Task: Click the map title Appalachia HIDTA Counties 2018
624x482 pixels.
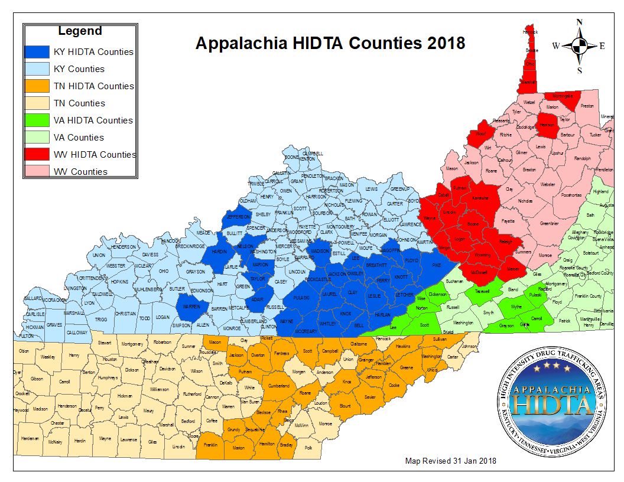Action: click(x=330, y=43)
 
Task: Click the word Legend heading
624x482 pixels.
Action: click(x=80, y=31)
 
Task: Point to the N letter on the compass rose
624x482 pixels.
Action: click(x=580, y=22)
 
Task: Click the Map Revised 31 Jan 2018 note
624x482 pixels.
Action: click(x=450, y=461)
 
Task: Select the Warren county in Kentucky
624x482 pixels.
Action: click(x=190, y=307)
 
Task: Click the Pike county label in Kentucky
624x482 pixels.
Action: click(x=437, y=265)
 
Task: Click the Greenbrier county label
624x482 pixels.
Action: click(x=549, y=224)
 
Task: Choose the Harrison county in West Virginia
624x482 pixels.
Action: click(x=547, y=125)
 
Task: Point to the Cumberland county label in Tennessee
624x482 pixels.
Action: click(x=279, y=386)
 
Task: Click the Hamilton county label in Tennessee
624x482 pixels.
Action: click(x=266, y=443)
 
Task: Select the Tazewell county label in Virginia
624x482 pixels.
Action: click(x=483, y=291)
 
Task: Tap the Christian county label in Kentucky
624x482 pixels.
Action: click(x=125, y=314)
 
